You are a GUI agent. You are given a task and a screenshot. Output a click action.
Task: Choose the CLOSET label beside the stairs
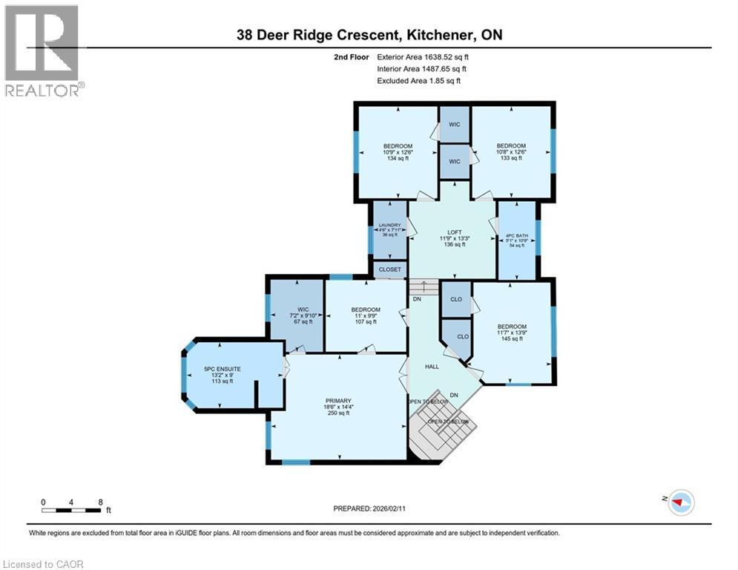pyautogui.click(x=389, y=269)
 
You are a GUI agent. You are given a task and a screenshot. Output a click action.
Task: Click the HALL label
pyautogui.click(x=432, y=367)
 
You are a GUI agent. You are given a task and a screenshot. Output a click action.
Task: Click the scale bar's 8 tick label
pyautogui.click(x=99, y=502)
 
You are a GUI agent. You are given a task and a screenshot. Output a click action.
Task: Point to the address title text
pyautogui.click(x=369, y=34)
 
